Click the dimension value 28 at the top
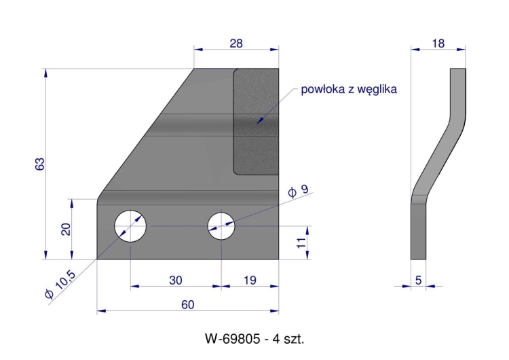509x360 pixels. tap(236, 43)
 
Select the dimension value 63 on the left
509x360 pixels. tap(40, 164)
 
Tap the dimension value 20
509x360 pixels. tap(66, 229)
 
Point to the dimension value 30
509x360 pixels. tap(176, 279)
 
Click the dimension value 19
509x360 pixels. tap(250, 279)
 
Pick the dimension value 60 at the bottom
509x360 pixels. tap(188, 304)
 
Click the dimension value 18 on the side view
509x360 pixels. tap(438, 43)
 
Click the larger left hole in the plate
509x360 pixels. tap(131, 225)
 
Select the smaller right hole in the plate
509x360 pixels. tap(221, 226)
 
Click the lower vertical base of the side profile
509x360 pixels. tap(419, 231)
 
